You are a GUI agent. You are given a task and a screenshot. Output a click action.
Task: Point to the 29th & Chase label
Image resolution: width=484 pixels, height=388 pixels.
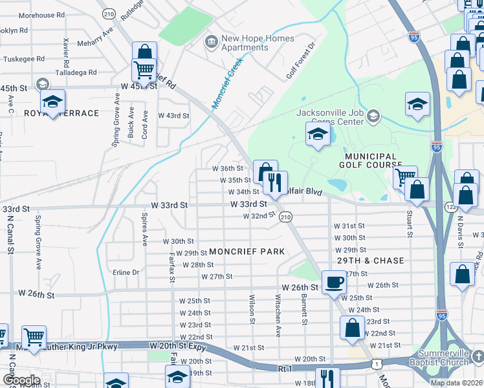(370, 261)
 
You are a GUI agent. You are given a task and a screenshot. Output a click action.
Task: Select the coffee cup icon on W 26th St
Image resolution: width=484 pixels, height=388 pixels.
(334, 283)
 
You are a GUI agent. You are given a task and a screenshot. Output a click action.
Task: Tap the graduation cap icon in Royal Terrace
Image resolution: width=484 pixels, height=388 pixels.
(52, 101)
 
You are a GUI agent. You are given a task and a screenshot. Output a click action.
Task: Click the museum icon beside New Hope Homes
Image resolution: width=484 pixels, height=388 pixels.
(211, 43)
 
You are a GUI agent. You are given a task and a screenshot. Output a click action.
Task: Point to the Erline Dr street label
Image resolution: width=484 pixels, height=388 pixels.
(126, 272)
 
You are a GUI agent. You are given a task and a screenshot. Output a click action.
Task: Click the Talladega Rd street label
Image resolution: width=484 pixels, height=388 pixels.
(74, 73)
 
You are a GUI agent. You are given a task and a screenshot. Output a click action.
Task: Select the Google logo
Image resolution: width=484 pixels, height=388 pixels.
(21, 380)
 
